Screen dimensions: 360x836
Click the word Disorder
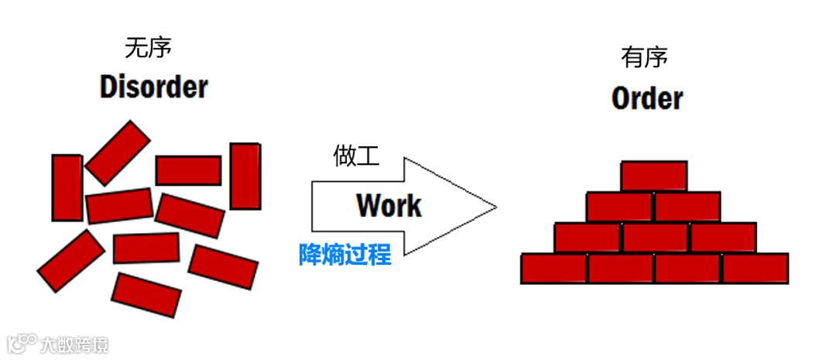click(x=154, y=86)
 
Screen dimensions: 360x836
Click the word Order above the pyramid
click(x=647, y=98)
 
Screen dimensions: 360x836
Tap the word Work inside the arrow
click(x=389, y=205)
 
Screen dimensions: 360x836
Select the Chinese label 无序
click(x=148, y=48)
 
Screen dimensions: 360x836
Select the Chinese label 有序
click(x=644, y=57)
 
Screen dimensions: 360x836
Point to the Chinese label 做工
click(x=356, y=156)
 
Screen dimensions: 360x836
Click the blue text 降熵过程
click(x=345, y=254)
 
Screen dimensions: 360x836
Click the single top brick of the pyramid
click(x=653, y=176)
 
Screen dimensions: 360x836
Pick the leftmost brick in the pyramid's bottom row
click(x=553, y=268)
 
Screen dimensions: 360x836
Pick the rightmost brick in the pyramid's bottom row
click(x=755, y=268)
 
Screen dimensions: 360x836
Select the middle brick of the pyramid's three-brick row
click(x=655, y=238)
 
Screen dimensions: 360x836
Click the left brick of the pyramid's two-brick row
click(x=618, y=207)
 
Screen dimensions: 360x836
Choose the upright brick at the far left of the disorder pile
click(x=67, y=187)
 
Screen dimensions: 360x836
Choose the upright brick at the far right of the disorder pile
click(x=245, y=175)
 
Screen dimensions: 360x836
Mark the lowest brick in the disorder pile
click(x=146, y=294)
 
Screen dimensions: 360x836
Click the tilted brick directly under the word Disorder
click(x=118, y=153)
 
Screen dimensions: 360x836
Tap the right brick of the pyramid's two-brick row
click(x=687, y=207)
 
